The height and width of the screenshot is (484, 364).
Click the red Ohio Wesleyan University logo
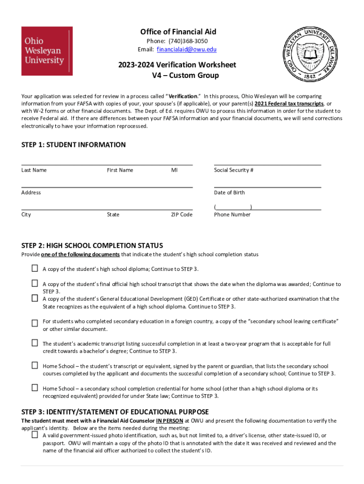point(47,51)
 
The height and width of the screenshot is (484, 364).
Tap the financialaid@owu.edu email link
point(187,50)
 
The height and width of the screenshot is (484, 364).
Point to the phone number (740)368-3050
point(188,41)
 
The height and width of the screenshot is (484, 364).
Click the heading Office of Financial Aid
point(178,32)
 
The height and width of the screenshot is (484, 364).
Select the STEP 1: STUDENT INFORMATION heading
point(73,145)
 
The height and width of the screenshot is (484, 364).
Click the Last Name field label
point(34,170)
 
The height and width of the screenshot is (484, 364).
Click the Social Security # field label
point(234,170)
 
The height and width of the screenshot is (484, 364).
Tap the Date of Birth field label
point(229,192)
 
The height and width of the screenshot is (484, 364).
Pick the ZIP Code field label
point(182,215)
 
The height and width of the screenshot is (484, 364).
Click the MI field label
point(174,170)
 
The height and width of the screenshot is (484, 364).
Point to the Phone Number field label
point(232,215)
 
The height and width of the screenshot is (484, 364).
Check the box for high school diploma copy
point(35,268)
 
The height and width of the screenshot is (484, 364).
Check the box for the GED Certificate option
point(35,298)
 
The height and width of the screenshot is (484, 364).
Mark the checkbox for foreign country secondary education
point(35,323)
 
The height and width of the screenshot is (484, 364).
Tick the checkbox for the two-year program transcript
point(35,343)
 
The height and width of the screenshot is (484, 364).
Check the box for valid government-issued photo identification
point(35,435)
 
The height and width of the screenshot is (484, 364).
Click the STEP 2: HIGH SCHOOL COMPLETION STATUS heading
point(92,245)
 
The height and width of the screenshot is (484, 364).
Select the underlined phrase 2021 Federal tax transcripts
point(289,104)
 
